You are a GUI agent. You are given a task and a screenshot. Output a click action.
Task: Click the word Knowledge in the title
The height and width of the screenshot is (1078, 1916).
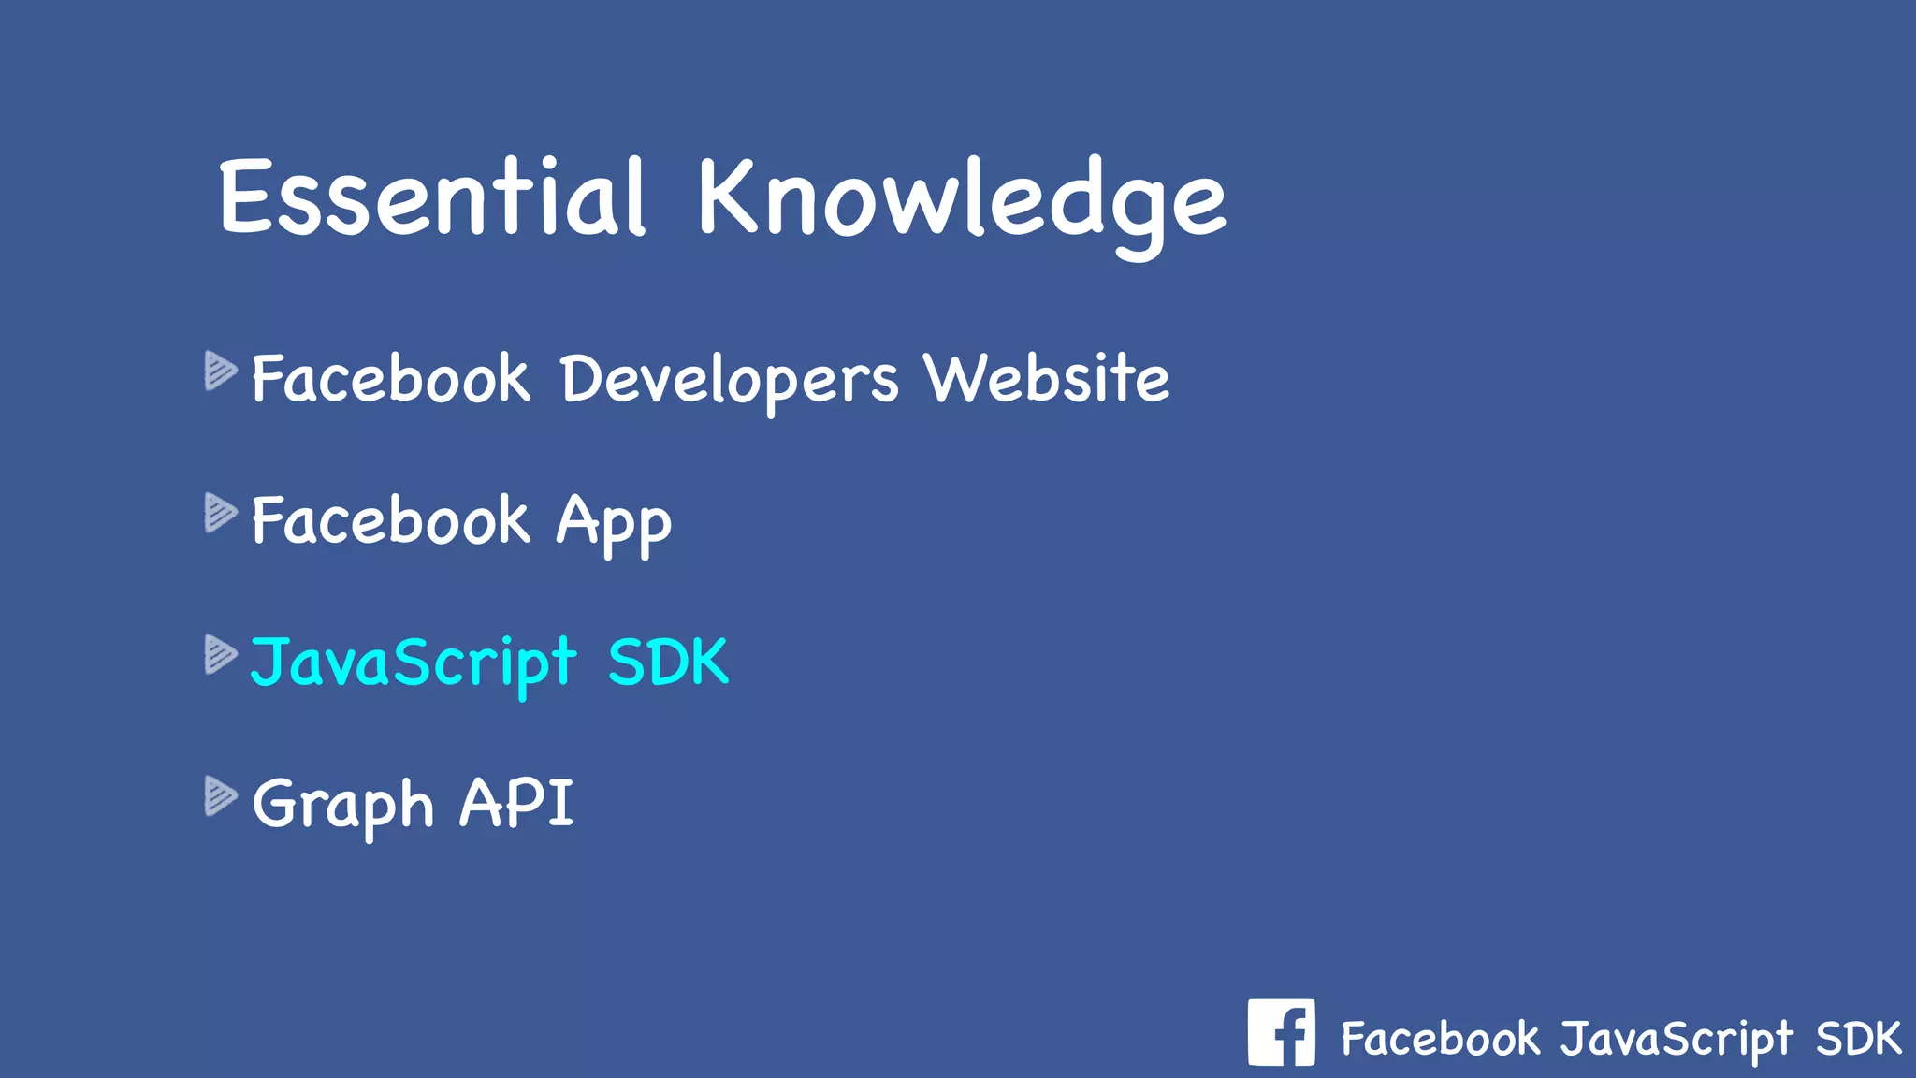point(961,201)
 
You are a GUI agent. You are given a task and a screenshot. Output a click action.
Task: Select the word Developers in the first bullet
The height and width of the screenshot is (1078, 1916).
point(729,379)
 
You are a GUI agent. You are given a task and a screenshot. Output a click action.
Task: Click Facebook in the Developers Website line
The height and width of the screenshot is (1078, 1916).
point(390,379)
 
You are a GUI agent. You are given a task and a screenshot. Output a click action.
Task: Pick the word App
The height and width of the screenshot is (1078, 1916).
point(614,522)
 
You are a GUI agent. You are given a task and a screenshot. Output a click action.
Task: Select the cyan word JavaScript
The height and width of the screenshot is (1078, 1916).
point(413,663)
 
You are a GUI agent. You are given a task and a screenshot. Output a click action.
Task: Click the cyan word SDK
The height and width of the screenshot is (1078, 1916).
point(667,663)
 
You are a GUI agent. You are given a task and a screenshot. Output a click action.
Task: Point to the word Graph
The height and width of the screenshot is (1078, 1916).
point(342,805)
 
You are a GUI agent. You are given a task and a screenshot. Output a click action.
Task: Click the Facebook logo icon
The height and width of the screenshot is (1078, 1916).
point(1281,1032)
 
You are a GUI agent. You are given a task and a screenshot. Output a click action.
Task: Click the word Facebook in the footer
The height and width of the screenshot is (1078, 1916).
point(1439,1039)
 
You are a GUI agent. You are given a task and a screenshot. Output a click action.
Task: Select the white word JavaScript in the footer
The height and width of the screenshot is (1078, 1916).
point(1676,1040)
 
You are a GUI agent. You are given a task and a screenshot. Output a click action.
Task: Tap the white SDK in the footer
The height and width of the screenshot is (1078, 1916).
point(1858,1039)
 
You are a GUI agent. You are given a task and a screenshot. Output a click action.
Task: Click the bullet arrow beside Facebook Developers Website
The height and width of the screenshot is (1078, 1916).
point(220,371)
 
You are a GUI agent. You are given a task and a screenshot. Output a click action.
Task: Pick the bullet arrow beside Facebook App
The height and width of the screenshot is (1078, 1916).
point(220,513)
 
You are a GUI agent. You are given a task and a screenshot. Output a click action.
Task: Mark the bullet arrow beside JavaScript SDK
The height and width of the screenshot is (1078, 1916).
point(220,654)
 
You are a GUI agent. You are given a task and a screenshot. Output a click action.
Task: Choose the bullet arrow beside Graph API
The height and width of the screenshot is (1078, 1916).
point(220,796)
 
